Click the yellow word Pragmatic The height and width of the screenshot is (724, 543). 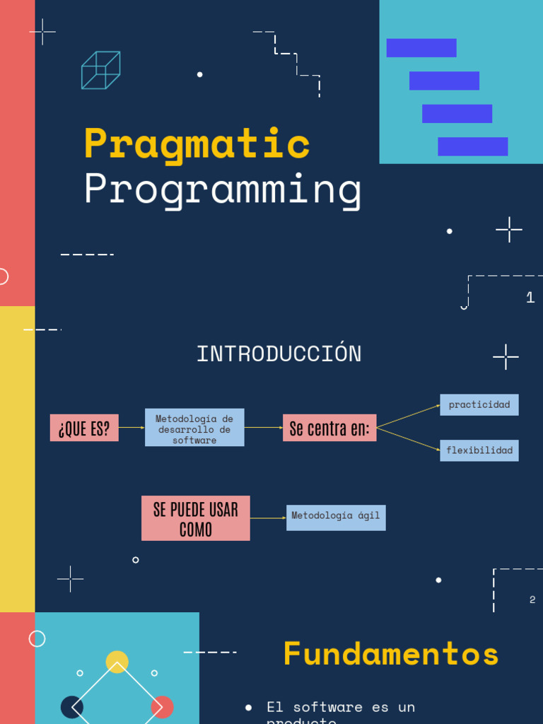197,144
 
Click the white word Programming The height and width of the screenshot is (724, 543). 223,190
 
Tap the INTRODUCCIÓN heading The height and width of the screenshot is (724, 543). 279,354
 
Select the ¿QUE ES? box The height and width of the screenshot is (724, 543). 84,428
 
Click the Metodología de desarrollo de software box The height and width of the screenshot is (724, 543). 194,428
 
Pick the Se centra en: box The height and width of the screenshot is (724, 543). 329,428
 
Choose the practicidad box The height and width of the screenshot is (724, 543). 479,405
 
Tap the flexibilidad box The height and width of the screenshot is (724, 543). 479,450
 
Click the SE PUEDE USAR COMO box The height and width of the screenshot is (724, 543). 195,518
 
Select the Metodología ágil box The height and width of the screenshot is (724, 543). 336,517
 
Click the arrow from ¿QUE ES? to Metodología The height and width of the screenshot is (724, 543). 132,428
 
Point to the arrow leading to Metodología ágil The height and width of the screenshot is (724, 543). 268,518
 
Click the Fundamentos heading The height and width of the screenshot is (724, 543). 391,654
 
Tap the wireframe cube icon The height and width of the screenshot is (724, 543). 100,70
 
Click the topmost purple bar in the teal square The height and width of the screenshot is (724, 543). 421,48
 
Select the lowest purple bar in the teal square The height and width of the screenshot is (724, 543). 472,146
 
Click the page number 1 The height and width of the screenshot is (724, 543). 530,298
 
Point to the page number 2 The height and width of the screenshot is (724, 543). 532,600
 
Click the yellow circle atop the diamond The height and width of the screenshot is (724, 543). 117,662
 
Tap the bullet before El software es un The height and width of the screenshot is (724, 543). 248,708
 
